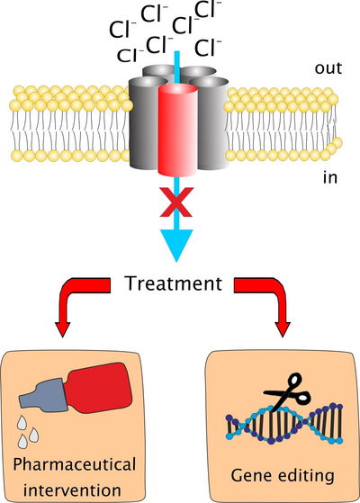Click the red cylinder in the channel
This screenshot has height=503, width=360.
(x=177, y=130)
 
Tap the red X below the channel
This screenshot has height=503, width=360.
(x=176, y=202)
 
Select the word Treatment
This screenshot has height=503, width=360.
(x=174, y=283)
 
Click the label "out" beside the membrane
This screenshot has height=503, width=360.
(x=328, y=68)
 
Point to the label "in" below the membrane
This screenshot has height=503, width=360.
(x=330, y=177)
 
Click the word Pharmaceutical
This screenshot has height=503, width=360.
(x=74, y=465)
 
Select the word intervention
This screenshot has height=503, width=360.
(x=72, y=490)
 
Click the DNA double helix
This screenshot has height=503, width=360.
(x=284, y=425)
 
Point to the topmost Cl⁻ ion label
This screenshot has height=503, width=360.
(x=208, y=9)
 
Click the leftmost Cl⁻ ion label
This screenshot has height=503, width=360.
(x=122, y=30)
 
